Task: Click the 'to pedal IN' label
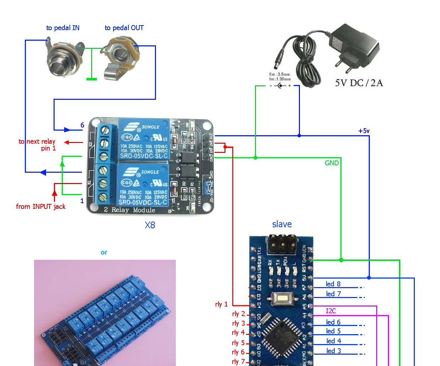[x=63, y=28]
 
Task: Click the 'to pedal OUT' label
[x=124, y=28]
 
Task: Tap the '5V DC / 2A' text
[x=359, y=83]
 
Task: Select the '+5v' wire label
[x=364, y=131]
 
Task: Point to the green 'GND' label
[x=332, y=163]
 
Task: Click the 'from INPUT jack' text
[x=41, y=206]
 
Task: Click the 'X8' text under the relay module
[x=150, y=225]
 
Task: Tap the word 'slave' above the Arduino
[x=282, y=224]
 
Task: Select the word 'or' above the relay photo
[x=104, y=252]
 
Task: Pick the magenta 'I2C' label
[x=330, y=311]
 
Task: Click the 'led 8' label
[x=333, y=284]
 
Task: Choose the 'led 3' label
[x=333, y=351]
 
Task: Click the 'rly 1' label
[x=221, y=304]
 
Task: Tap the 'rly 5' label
[x=238, y=343]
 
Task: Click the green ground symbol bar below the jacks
[x=91, y=79]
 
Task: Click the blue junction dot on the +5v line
[x=299, y=136]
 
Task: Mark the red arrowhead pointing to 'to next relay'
[x=67, y=142]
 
